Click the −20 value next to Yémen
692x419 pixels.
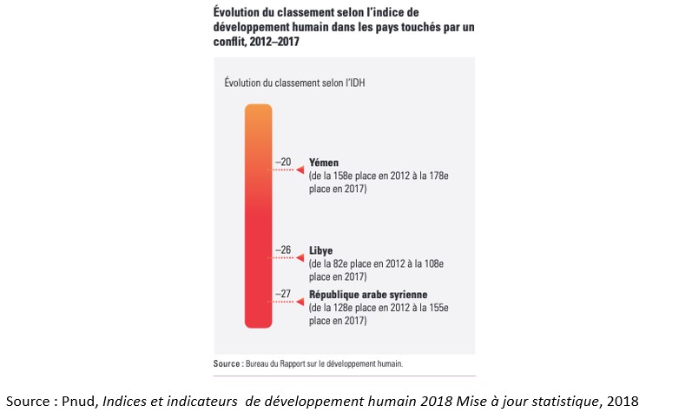click(x=284, y=162)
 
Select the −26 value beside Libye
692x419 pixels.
click(x=284, y=249)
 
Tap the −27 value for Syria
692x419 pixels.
click(x=284, y=294)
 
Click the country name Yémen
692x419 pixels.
click(x=324, y=163)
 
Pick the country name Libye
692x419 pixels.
click(x=321, y=250)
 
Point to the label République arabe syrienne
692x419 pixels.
click(x=368, y=295)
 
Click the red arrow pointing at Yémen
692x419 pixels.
click(x=300, y=170)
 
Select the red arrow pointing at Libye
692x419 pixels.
click(x=300, y=258)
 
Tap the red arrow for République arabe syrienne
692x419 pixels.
click(x=300, y=303)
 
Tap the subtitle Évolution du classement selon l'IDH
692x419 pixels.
click(x=293, y=83)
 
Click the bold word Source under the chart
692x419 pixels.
click(x=228, y=363)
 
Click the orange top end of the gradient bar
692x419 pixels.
click(x=258, y=111)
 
